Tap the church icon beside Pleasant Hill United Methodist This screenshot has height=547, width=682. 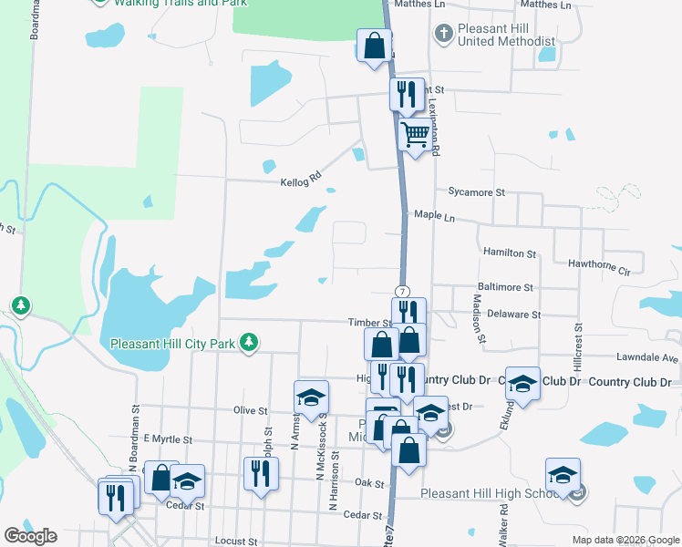[x=443, y=35]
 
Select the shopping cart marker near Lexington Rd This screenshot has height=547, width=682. [x=416, y=136]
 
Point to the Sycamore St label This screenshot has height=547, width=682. [x=476, y=192]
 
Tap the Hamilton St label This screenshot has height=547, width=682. [x=510, y=253]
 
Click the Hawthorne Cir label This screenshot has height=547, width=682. [x=599, y=271]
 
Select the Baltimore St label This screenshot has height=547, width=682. [x=504, y=287]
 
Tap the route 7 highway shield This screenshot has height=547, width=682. [x=402, y=290]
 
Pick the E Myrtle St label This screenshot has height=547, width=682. [x=163, y=439]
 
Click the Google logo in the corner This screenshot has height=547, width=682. [x=30, y=536]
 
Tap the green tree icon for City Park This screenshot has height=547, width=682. [x=247, y=343]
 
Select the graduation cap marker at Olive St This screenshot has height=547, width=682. [x=310, y=397]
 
